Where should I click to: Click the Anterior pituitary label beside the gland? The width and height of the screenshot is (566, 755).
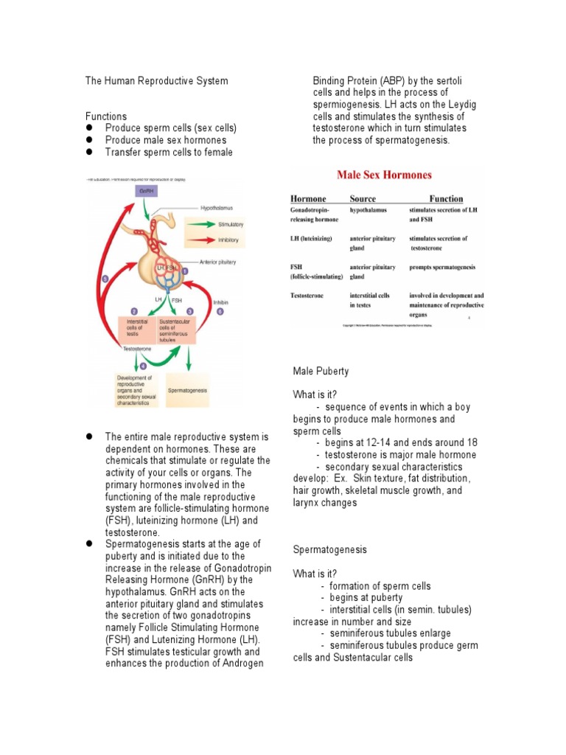220,262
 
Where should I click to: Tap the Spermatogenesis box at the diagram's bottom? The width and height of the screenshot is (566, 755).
188,389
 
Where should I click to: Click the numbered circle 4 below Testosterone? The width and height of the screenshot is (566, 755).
143,366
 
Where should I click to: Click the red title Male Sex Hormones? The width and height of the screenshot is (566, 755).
384,175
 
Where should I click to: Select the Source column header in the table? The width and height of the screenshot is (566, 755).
363,198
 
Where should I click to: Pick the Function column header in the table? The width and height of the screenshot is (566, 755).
446,198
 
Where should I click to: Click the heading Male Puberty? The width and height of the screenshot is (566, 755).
321,371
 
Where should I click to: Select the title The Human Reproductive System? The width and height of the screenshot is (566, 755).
156,80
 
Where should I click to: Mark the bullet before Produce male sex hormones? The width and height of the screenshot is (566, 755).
89,140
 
